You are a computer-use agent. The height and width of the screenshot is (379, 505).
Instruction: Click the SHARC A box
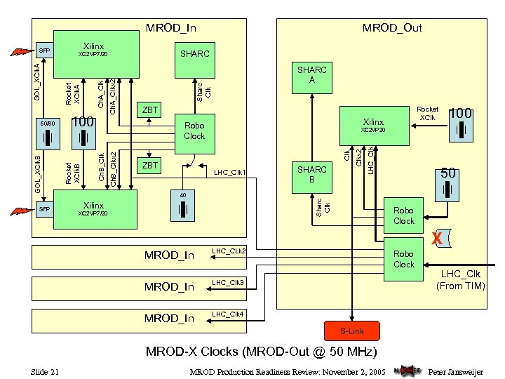point(312,76)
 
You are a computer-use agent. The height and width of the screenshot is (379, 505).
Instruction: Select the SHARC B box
point(312,175)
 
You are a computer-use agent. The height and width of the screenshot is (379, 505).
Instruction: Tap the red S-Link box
point(352,330)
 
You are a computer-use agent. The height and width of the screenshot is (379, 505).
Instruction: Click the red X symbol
point(436,239)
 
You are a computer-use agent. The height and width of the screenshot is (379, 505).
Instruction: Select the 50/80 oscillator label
point(46,123)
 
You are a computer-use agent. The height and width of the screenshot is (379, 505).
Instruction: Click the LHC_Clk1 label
point(229,171)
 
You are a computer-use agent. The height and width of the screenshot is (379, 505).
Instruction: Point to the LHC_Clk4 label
point(229,313)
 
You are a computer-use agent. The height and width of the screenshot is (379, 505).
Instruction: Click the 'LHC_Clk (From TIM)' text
point(460,280)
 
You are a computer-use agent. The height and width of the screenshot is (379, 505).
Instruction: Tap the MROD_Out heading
point(391,28)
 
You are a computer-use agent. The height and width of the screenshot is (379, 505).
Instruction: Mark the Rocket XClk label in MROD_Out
point(427,113)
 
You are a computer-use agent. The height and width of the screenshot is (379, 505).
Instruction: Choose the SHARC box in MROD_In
point(194,54)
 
